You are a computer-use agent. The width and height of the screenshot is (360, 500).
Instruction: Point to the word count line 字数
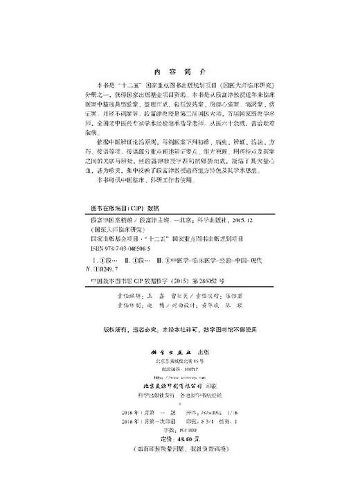pos(179,430)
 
